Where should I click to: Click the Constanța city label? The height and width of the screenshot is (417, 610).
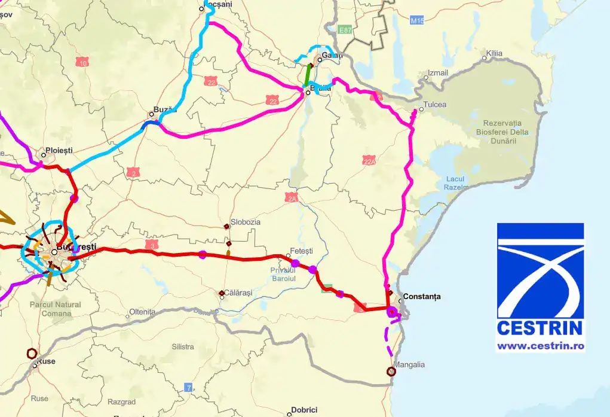[x=422, y=296]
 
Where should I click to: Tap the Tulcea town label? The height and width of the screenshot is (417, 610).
[x=434, y=105]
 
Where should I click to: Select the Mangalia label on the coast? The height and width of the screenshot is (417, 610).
[x=409, y=364]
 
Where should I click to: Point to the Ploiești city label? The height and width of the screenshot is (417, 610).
[x=62, y=151]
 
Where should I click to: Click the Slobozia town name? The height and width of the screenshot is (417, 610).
[x=246, y=221]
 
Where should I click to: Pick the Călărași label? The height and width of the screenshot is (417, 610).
[x=238, y=293]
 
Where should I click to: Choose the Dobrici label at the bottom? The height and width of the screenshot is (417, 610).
[x=304, y=410]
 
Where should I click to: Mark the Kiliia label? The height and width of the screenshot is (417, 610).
[x=494, y=53]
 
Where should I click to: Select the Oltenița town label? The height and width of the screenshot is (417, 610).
[x=142, y=312]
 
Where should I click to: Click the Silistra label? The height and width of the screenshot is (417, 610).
[x=182, y=346]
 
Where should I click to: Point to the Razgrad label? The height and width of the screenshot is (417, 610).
[x=121, y=402]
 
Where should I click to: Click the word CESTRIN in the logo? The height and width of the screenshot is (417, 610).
[x=540, y=328]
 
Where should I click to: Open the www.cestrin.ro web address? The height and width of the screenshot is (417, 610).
[x=540, y=346]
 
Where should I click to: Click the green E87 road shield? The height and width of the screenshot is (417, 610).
[x=345, y=29]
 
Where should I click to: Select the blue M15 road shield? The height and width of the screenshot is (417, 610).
[x=417, y=21]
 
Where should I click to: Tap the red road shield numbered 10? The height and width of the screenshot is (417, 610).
[x=82, y=62]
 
